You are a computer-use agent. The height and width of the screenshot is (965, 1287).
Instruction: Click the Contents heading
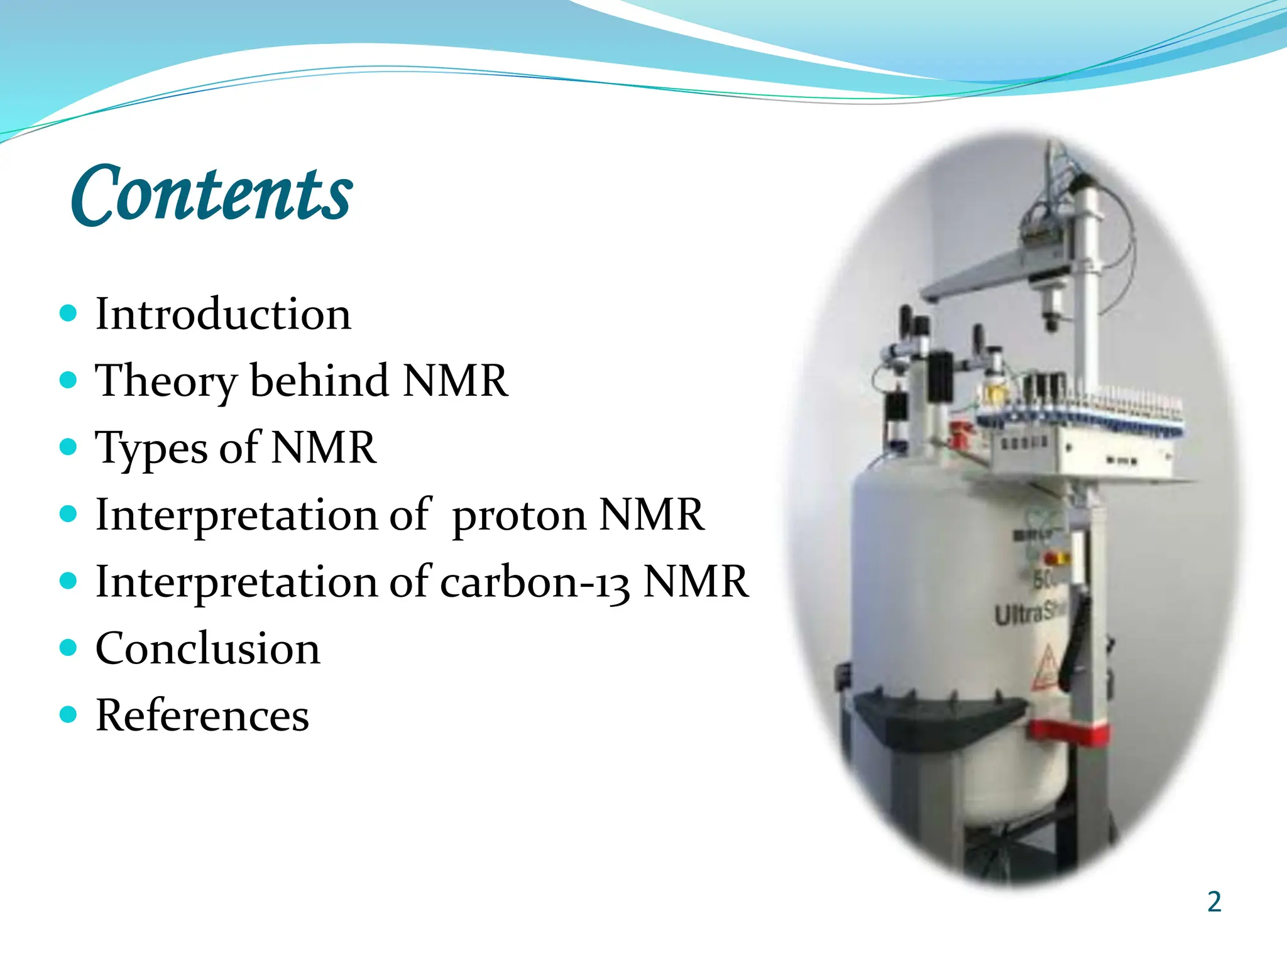coord(212,194)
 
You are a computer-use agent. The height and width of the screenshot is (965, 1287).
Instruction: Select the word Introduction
coord(223,314)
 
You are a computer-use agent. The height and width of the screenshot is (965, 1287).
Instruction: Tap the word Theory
coord(166,381)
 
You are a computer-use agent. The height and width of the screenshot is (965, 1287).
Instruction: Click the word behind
coord(319,381)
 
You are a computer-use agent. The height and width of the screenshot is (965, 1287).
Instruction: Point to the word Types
coord(151,449)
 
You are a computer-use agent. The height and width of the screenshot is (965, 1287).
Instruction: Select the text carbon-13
coord(535,582)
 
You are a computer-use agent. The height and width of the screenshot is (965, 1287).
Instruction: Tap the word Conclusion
coord(208,649)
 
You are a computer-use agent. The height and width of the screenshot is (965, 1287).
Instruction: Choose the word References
coord(202,716)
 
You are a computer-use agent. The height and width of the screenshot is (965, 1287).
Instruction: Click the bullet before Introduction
coord(68,313)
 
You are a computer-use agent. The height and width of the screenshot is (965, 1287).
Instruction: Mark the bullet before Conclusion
coord(68,647)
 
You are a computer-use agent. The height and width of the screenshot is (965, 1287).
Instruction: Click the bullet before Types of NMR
coord(68,447)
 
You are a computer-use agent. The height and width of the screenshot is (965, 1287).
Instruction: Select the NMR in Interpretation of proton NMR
coord(651,515)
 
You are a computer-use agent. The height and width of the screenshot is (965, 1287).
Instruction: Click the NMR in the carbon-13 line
coord(696,582)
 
